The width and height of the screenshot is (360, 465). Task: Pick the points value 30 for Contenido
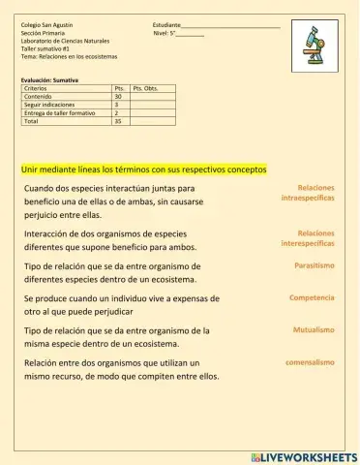click(x=118, y=97)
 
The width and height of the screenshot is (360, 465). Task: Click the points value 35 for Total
click(x=118, y=122)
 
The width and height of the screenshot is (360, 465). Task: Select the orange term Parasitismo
click(x=315, y=264)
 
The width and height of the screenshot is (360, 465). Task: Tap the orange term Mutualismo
click(x=314, y=330)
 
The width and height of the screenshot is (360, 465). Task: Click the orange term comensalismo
click(x=310, y=362)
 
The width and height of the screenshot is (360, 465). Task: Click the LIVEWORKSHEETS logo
click(x=303, y=455)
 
